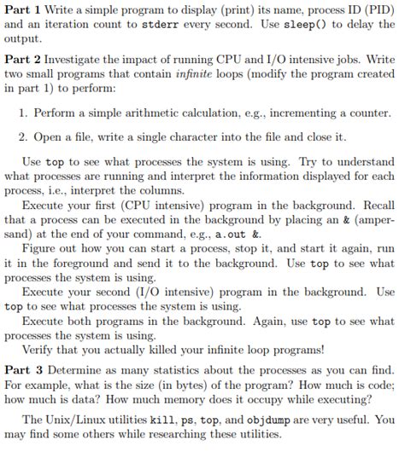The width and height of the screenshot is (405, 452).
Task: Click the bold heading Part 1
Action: tap(23, 11)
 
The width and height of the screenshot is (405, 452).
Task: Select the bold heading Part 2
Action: tap(23, 61)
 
